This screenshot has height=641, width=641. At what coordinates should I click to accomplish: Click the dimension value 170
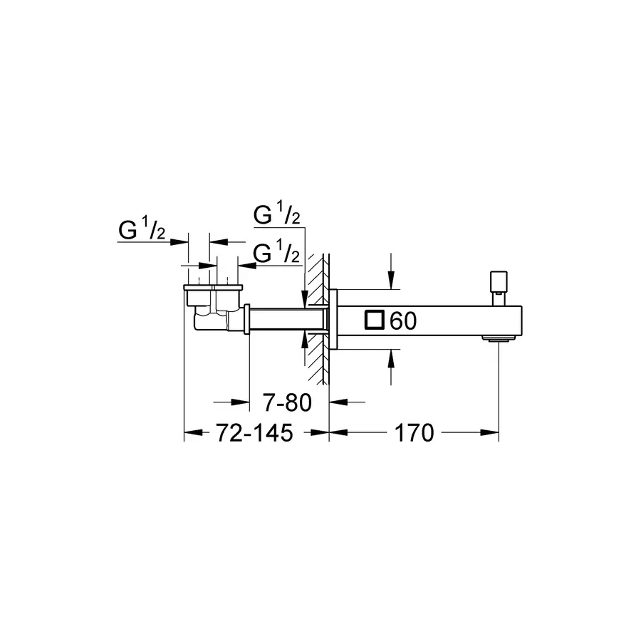414,433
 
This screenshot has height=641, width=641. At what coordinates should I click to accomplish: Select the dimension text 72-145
254,433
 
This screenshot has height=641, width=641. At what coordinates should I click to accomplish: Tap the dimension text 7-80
287,402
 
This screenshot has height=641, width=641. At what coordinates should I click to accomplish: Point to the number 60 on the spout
403,320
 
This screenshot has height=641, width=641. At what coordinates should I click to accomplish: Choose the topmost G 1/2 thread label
277,213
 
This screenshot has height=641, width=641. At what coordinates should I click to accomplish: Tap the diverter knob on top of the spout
499,288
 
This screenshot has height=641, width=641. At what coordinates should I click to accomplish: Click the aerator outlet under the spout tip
498,338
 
